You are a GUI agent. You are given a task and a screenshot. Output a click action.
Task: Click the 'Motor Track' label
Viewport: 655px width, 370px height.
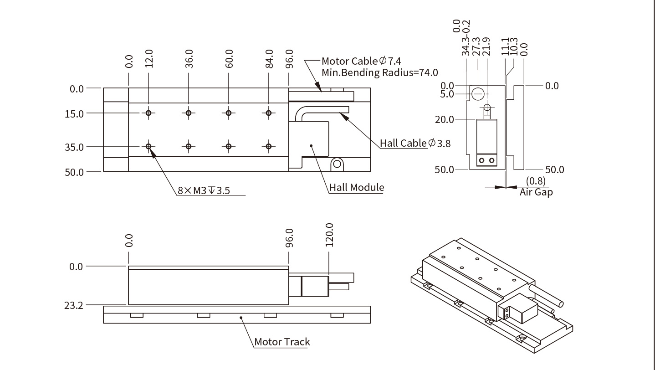[x=282, y=342]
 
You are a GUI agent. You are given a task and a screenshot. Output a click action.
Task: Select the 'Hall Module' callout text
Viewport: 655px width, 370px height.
[x=357, y=187]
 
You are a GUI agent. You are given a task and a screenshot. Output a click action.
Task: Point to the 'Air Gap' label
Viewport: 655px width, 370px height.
[x=536, y=192]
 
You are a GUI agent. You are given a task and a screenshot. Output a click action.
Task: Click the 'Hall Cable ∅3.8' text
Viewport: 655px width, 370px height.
[x=415, y=143]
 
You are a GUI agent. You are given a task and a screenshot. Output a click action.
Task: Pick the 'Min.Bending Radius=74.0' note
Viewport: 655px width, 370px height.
[x=380, y=72]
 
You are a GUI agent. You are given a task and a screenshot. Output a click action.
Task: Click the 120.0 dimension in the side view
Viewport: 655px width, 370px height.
[x=329, y=235]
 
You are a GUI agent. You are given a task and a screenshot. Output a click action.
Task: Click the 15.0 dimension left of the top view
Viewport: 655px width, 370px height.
[x=74, y=113]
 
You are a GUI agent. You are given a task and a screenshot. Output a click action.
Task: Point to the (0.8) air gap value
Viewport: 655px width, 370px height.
[x=535, y=181]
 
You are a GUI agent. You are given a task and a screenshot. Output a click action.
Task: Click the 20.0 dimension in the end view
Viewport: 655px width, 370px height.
[x=445, y=119]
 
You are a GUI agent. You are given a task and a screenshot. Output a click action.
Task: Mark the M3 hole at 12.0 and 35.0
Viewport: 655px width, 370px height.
[x=148, y=146]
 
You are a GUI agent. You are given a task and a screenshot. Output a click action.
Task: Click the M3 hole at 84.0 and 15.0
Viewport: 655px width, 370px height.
[x=269, y=113]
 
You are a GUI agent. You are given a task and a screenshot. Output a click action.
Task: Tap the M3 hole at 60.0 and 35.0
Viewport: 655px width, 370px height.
[x=229, y=146]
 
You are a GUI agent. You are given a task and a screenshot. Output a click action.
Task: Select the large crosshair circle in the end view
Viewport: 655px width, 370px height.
[x=478, y=94]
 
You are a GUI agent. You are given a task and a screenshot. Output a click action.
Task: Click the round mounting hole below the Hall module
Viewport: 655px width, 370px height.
[x=337, y=163]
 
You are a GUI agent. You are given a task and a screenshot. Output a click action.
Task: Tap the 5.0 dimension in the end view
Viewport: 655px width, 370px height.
[x=448, y=94]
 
